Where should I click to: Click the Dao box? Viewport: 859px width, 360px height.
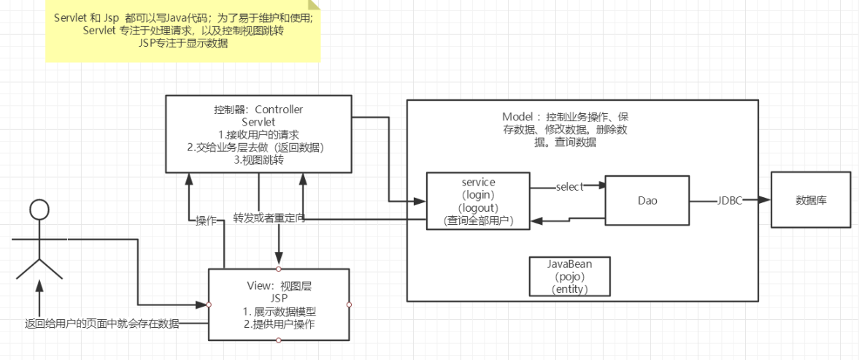(647, 202)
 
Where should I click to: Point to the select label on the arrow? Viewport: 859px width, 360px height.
(569, 187)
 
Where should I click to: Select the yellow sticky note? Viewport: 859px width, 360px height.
(182, 31)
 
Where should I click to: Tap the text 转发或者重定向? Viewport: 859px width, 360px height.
(268, 218)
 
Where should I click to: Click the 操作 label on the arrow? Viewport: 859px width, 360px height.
(206, 220)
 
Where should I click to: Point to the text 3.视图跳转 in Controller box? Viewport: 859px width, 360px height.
(260, 160)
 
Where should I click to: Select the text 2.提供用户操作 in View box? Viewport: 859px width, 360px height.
(279, 324)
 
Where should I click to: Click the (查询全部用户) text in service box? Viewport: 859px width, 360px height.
(479, 220)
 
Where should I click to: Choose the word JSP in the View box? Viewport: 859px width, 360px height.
(279, 299)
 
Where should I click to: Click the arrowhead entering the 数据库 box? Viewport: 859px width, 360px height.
(766, 199)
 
